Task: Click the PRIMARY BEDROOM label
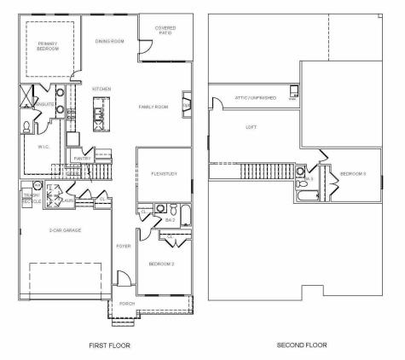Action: (x=48, y=47)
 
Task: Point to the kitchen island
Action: (x=100, y=112)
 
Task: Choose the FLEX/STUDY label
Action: (x=164, y=174)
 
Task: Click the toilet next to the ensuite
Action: (x=26, y=126)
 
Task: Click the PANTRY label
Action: (x=82, y=158)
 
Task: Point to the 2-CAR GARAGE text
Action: (x=65, y=230)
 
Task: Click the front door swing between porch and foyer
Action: (x=124, y=279)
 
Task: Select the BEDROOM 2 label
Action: (x=161, y=264)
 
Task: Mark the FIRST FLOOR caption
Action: (x=110, y=345)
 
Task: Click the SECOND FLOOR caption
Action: (x=302, y=345)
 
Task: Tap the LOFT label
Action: (x=251, y=127)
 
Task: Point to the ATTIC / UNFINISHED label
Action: (x=255, y=97)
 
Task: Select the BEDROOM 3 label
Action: (x=353, y=174)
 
